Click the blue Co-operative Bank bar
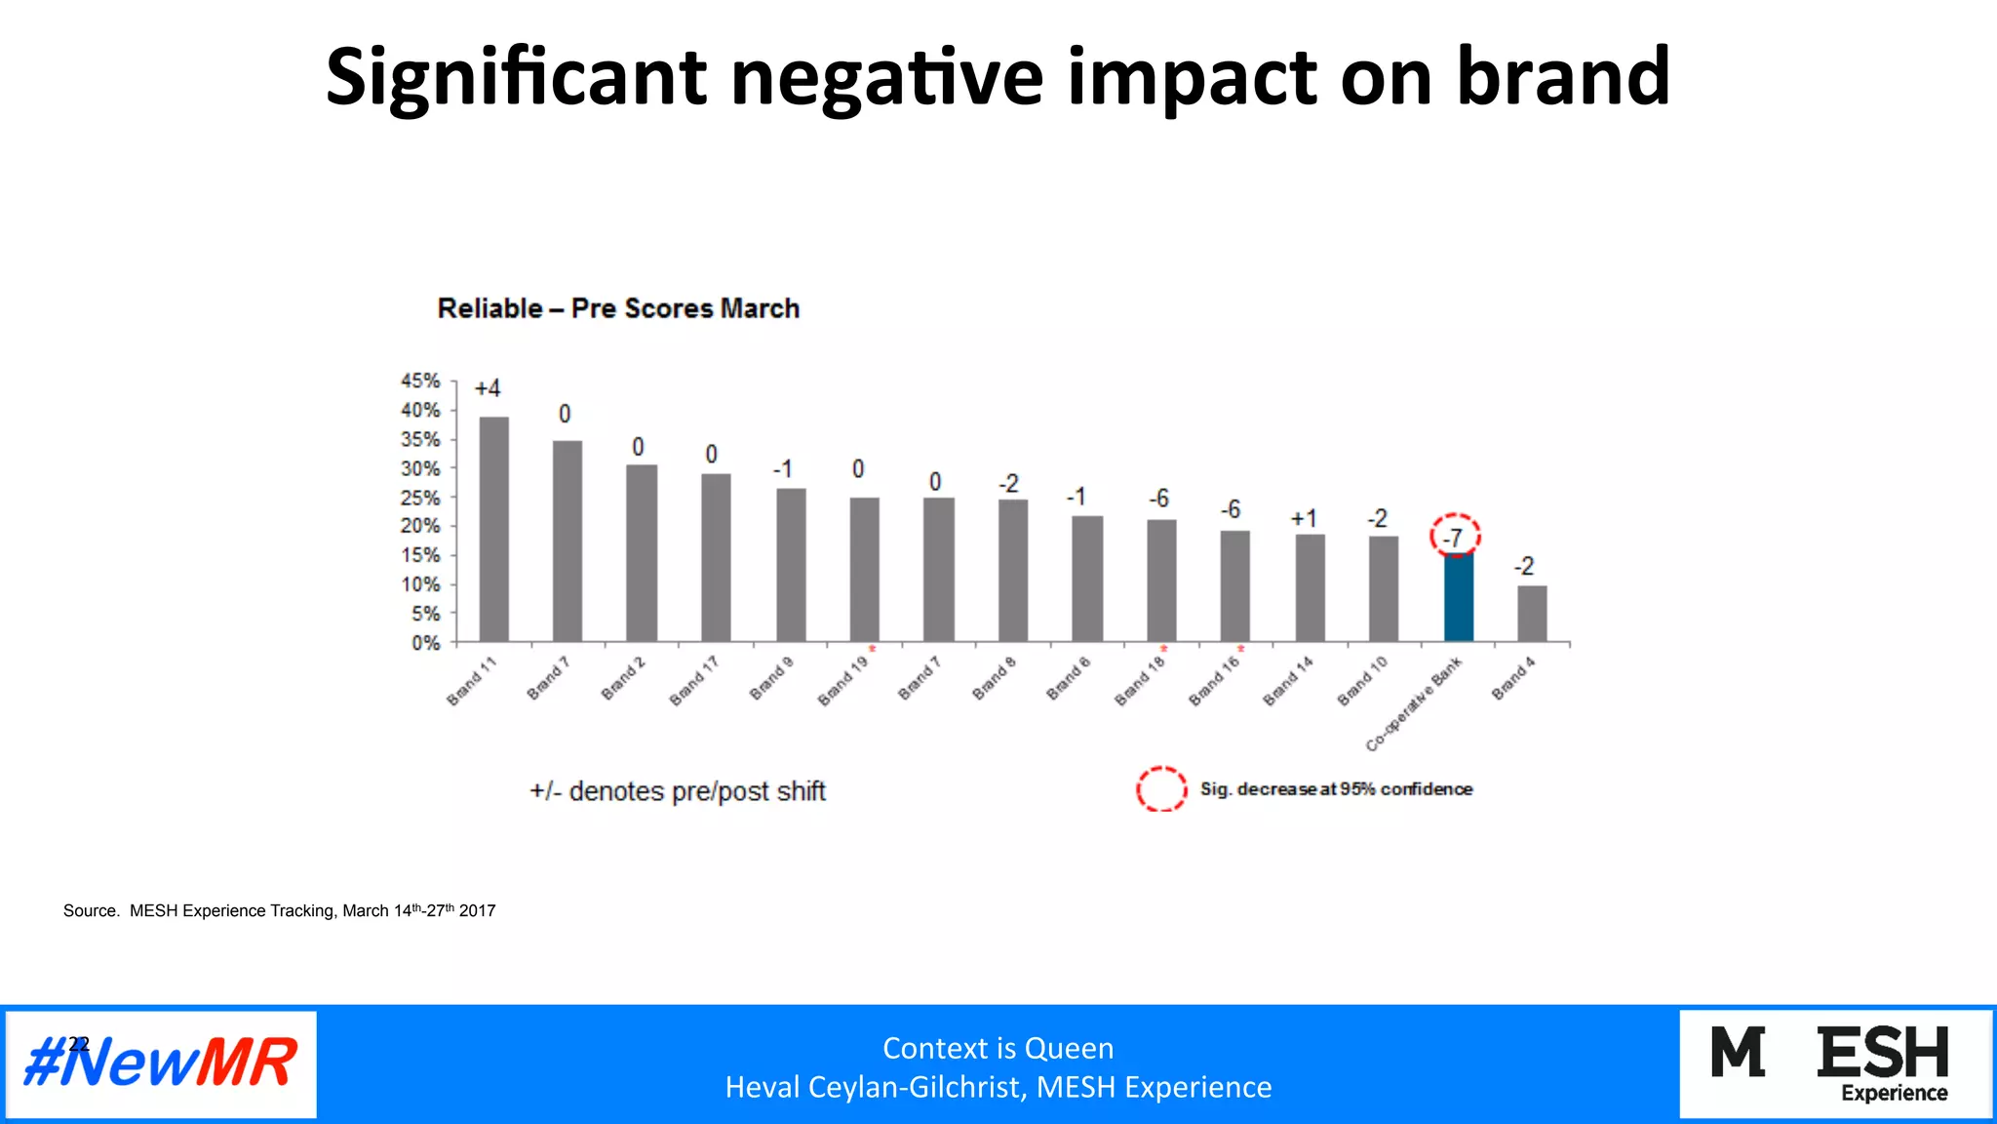click(1458, 597)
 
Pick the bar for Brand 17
click(716, 557)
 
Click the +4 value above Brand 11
click(488, 388)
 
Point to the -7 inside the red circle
click(1454, 538)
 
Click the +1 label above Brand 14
click(1304, 518)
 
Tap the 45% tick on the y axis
click(421, 381)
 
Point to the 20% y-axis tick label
click(421, 526)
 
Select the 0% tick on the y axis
click(426, 643)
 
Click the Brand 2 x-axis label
click(622, 679)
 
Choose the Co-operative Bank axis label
click(1413, 704)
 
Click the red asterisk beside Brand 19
click(873, 650)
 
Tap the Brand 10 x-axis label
click(1361, 681)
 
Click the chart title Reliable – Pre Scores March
click(618, 308)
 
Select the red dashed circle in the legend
click(1161, 788)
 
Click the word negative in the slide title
click(886, 77)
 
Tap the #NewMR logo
click(161, 1064)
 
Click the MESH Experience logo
click(1833, 1064)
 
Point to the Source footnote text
click(279, 910)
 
